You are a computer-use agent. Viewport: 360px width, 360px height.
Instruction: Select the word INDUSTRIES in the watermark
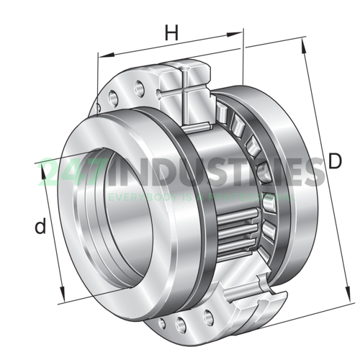tap(209, 173)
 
